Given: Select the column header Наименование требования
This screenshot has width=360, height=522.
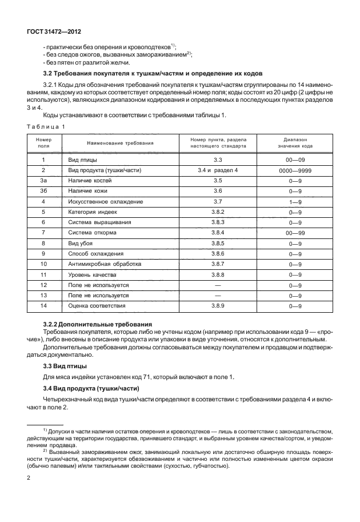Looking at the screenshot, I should point(120,142).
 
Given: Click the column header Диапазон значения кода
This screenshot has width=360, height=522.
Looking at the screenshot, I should point(295,142).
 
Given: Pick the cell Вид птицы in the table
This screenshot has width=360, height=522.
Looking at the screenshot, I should point(82,160).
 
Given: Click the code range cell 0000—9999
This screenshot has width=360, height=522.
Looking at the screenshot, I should point(295,170).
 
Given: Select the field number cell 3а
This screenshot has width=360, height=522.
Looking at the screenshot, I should point(43,180).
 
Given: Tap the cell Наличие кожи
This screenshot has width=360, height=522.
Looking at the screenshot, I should point(87,190).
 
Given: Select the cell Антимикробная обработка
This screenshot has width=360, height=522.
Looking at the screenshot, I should point(103,264).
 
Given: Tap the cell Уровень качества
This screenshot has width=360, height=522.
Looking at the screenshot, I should point(93,274).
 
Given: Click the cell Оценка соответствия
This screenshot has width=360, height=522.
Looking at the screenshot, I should point(97,306).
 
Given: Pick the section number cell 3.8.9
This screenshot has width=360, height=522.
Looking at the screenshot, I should point(218,306).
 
